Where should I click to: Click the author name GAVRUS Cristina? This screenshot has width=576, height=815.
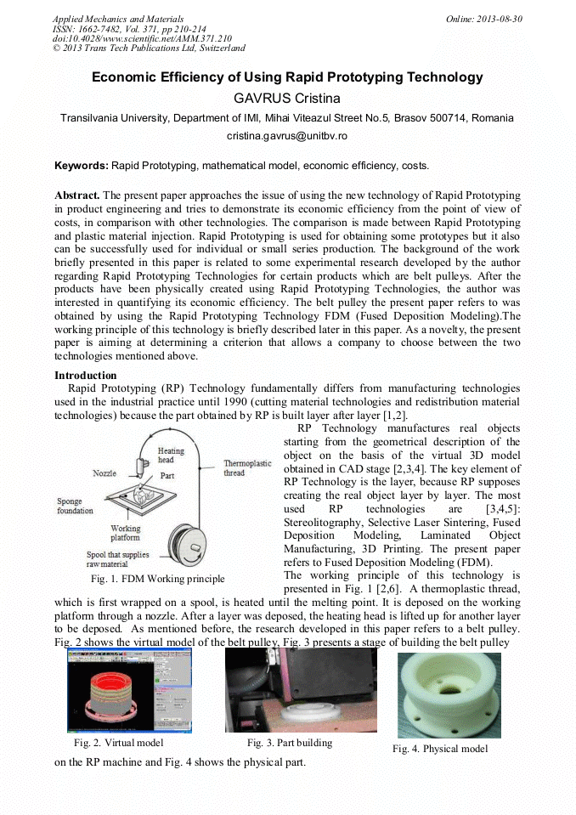(x=287, y=98)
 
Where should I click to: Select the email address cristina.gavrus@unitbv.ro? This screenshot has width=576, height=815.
(x=287, y=136)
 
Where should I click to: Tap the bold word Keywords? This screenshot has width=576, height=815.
(x=81, y=165)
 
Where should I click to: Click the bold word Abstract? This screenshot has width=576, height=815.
(x=77, y=195)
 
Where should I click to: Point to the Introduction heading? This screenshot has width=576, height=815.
(x=86, y=375)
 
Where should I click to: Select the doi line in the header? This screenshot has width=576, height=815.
(x=142, y=38)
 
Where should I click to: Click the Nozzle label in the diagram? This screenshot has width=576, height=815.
(x=105, y=473)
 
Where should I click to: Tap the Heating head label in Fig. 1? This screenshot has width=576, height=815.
(x=171, y=455)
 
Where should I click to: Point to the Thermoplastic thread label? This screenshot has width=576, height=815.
(x=247, y=468)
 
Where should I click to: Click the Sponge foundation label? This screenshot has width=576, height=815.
(x=76, y=506)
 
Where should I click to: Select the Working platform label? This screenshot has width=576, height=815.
(x=126, y=533)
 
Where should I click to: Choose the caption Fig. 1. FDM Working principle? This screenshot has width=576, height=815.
(x=158, y=579)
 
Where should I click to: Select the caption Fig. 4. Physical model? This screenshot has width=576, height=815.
(x=440, y=749)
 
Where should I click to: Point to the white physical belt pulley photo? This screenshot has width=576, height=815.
(x=449, y=694)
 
